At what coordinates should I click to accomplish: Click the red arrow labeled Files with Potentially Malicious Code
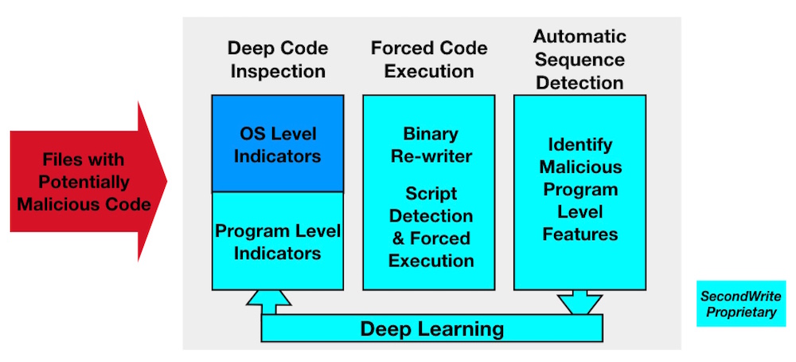86,182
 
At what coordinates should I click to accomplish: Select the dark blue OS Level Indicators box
278,144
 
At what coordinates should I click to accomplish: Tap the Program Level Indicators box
278,241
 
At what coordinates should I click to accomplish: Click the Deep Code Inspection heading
278,60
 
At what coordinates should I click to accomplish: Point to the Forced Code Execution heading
429,60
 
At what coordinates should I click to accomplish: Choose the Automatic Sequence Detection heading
579,60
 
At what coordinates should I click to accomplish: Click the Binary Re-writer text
431,145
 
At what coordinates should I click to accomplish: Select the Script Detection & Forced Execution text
431,226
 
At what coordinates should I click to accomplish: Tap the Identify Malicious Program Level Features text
580,189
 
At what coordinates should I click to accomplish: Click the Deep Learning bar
431,329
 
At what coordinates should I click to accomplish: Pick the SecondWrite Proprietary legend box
740,304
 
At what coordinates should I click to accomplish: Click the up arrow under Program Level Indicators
268,302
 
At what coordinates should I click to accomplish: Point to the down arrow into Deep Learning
579,302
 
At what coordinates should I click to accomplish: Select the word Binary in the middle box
431,134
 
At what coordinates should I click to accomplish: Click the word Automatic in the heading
579,37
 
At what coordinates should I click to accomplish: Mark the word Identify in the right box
579,145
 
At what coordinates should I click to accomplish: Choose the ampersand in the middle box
399,238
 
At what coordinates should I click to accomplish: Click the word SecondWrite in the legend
740,297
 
